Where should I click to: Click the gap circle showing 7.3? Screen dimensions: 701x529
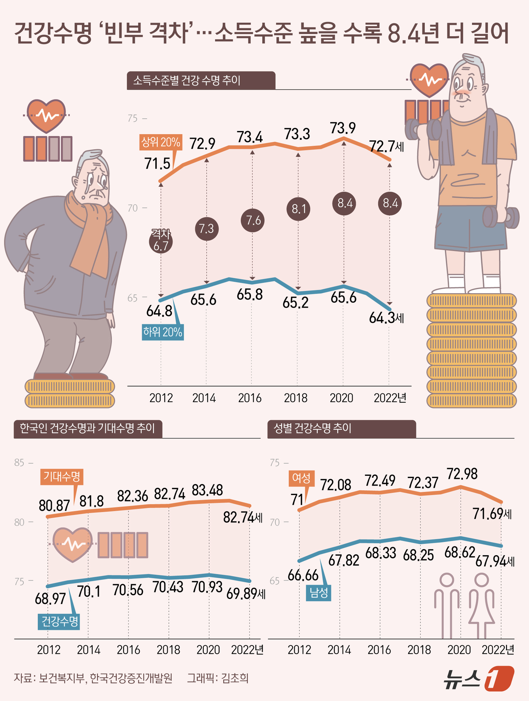pyautogui.click(x=207, y=229)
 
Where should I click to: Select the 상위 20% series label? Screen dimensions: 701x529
pyautogui.click(x=161, y=142)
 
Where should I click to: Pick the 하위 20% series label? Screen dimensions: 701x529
pyautogui.click(x=162, y=332)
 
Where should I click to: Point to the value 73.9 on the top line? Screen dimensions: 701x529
pyautogui.click(x=343, y=128)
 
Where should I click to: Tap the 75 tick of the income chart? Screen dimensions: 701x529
pyautogui.click(x=133, y=119)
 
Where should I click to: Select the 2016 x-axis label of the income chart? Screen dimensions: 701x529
pyautogui.click(x=250, y=398)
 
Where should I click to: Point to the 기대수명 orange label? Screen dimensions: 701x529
pyautogui.click(x=62, y=477)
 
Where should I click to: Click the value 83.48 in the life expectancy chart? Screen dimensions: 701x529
pyautogui.click(x=207, y=490)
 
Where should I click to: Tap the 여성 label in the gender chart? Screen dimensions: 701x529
pyautogui.click(x=301, y=478)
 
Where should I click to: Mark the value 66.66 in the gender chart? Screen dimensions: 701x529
pyautogui.click(x=303, y=575)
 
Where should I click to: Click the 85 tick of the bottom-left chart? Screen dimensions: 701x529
pyautogui.click(x=19, y=463)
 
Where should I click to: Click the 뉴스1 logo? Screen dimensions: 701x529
pyautogui.click(x=478, y=678)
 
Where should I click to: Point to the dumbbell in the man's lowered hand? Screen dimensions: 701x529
pyautogui.click(x=501, y=217)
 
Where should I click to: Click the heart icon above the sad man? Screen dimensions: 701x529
pyautogui.click(x=46, y=115)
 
